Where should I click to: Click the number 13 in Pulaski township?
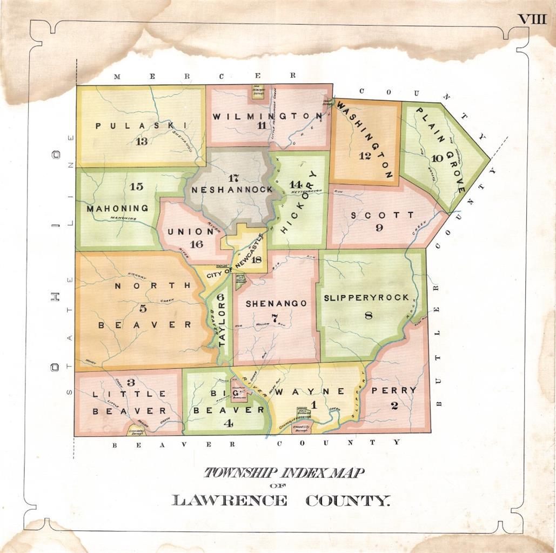point(142,142)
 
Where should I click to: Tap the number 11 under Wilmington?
point(262,126)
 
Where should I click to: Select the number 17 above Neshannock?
point(233,178)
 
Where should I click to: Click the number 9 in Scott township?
point(379,228)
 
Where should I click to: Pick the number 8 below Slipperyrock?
point(369,316)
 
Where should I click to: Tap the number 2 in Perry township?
point(394,406)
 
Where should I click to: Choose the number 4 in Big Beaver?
point(229,423)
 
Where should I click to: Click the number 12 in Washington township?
point(365,156)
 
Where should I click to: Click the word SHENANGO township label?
point(276,304)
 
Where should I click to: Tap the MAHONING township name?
point(117,208)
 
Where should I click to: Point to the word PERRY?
point(394,390)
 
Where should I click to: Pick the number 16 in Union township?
point(196,244)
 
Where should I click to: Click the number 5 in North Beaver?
point(143,308)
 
